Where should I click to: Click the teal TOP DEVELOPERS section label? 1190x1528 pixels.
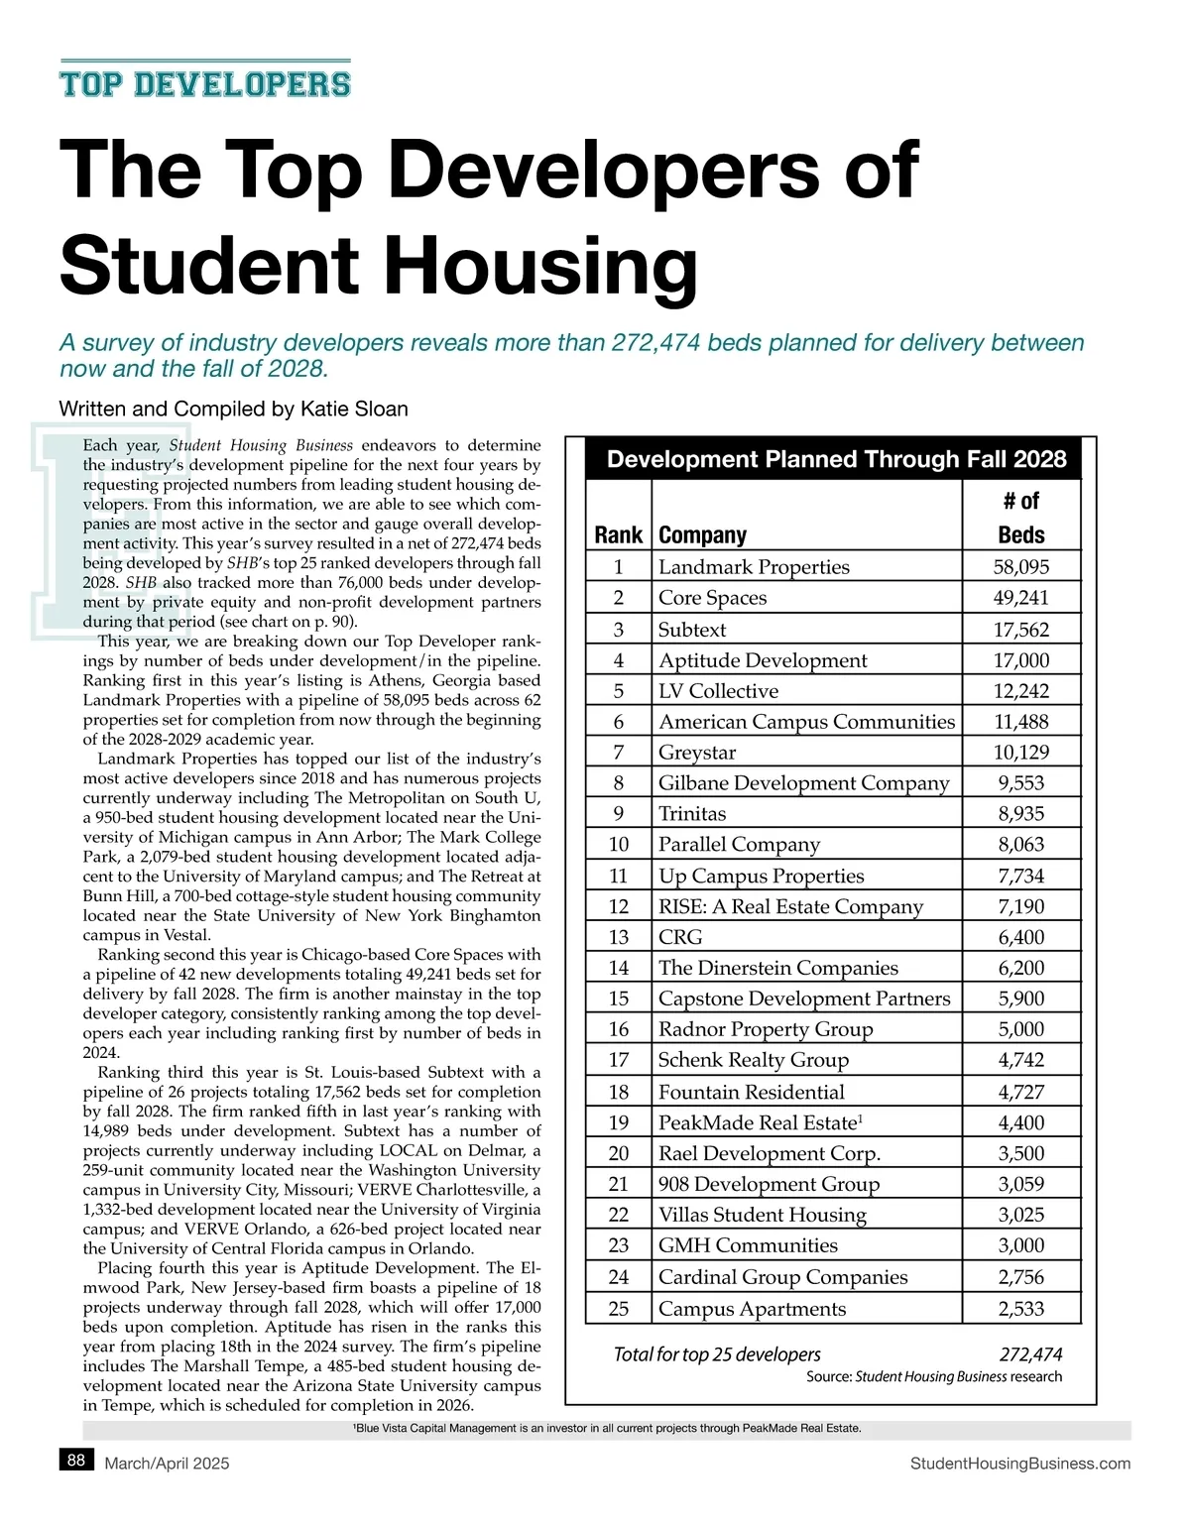click(205, 84)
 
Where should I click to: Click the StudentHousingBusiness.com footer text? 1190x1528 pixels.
click(1019, 1464)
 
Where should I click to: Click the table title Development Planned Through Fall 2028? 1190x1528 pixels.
click(836, 459)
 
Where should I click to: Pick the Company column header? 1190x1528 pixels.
click(702, 535)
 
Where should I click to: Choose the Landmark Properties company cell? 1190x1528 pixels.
click(754, 567)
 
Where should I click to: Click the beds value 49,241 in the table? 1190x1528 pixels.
click(1020, 598)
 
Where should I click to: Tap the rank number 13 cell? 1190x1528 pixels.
click(619, 937)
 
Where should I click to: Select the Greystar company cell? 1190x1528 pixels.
click(698, 753)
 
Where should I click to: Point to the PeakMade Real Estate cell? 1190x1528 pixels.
click(761, 1122)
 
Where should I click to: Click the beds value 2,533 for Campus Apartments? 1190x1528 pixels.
click(1020, 1309)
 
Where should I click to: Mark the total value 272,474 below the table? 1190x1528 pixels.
click(1030, 1354)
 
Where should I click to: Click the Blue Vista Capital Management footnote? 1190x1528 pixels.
click(607, 1429)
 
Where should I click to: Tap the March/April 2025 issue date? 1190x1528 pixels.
click(167, 1464)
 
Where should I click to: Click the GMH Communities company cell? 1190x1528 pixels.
click(748, 1245)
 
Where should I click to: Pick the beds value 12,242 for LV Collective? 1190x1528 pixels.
click(1020, 691)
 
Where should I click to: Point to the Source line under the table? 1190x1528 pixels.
click(933, 1376)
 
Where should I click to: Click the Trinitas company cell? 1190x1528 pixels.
click(692, 814)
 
